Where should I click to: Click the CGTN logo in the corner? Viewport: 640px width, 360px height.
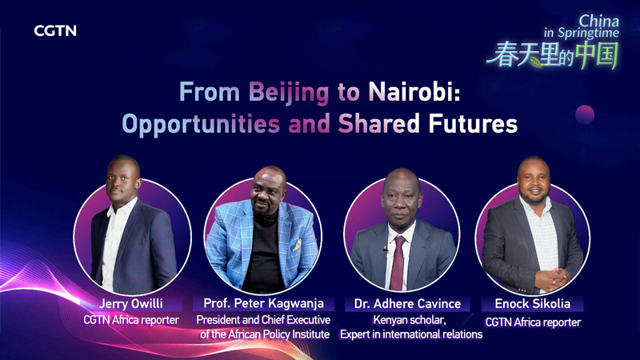(55, 31)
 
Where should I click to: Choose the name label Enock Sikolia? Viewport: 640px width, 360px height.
(533, 305)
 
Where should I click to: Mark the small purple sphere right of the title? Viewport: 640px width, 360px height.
(585, 114)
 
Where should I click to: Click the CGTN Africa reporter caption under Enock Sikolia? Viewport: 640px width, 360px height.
(533, 322)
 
